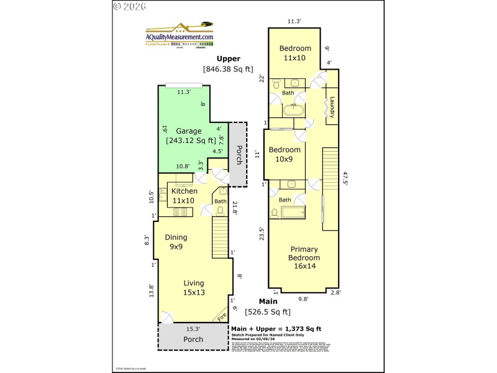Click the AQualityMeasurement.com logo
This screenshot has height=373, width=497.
click(180, 35)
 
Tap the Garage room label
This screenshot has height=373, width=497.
click(188, 131)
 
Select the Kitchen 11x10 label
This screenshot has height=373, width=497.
click(184, 196)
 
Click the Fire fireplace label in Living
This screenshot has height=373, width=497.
click(222, 316)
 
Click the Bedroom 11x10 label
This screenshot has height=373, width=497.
click(295, 53)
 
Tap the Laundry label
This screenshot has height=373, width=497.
click(332, 106)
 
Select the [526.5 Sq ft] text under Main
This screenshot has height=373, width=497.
click(268, 312)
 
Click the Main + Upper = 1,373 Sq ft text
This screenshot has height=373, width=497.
click(276, 328)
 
